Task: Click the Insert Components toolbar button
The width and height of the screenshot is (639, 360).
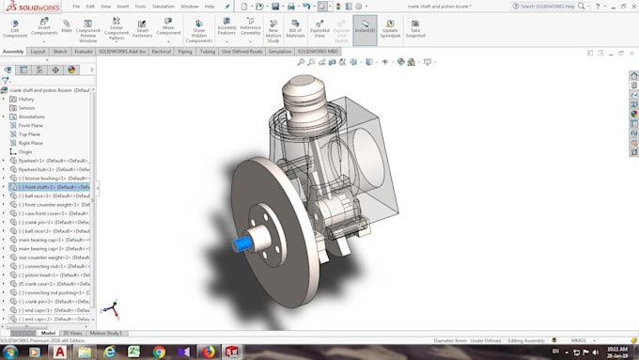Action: point(39,28)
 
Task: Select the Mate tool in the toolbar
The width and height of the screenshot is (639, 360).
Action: point(67,27)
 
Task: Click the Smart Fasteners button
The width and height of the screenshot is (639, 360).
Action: point(142,28)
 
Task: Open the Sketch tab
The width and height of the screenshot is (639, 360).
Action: point(59,52)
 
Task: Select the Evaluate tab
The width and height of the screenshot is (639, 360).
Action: point(84,52)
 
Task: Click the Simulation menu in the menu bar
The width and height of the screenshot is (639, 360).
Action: point(164,6)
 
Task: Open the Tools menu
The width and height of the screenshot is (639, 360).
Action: point(139,6)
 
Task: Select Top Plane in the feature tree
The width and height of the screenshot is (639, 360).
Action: point(29,133)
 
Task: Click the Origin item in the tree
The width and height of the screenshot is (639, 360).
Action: point(25,151)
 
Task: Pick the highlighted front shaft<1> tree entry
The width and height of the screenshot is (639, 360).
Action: point(55,186)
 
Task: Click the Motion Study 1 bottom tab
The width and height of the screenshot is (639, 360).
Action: point(107,333)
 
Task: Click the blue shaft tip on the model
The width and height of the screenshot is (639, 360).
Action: point(241,245)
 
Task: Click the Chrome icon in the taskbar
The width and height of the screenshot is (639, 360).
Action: point(159,352)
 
